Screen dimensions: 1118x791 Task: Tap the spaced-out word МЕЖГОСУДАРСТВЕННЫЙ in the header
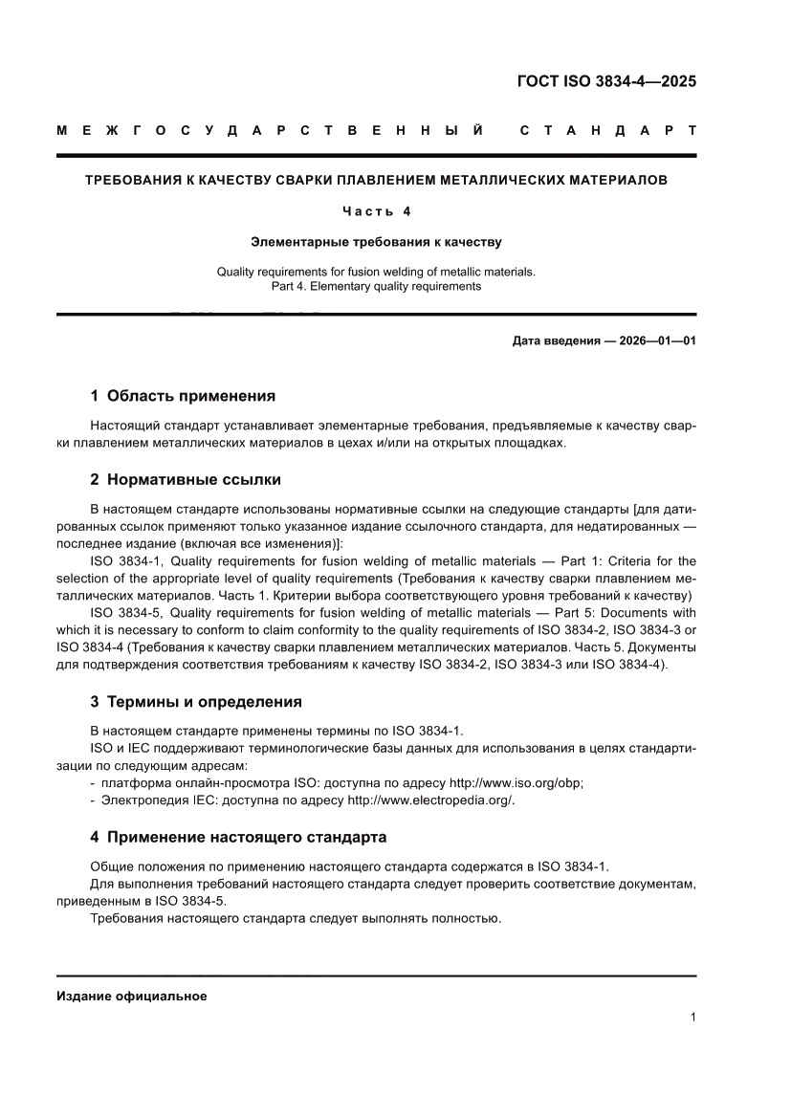pos(270,130)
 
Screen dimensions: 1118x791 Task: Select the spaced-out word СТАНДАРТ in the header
pos(607,130)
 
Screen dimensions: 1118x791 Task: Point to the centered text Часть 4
pos(376,210)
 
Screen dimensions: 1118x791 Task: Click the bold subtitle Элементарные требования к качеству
pos(376,242)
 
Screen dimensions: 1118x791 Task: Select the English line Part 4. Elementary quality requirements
pos(376,286)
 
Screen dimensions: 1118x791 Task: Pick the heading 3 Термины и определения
pos(196,702)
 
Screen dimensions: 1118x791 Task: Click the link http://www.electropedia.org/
pos(430,800)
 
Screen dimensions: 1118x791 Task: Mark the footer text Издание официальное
pos(132,996)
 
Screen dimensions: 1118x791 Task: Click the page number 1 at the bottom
pos(692,1018)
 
